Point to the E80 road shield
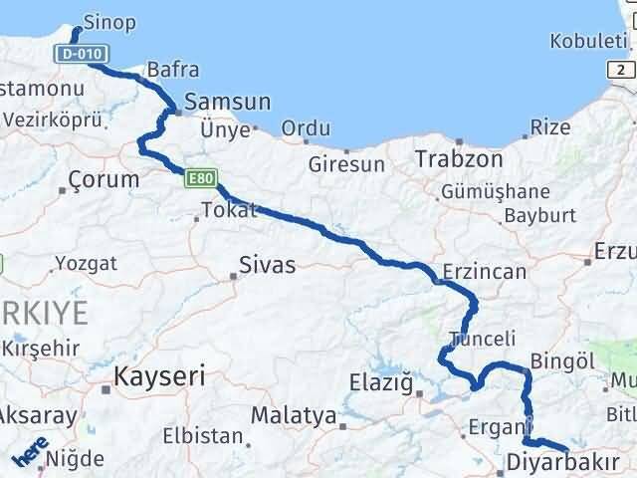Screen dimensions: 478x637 pyautogui.click(x=200, y=178)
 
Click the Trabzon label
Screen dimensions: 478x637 pyautogui.click(x=445, y=158)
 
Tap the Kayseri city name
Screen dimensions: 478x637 pyautogui.click(x=160, y=376)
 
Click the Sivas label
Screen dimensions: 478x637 pyautogui.click(x=268, y=266)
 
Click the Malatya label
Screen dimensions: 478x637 pyautogui.click(x=293, y=415)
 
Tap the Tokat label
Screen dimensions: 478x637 pyautogui.click(x=229, y=209)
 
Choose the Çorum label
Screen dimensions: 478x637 pyautogui.click(x=104, y=180)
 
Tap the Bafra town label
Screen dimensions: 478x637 pyautogui.click(x=172, y=70)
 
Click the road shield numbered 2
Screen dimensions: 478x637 pyautogui.click(x=623, y=69)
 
